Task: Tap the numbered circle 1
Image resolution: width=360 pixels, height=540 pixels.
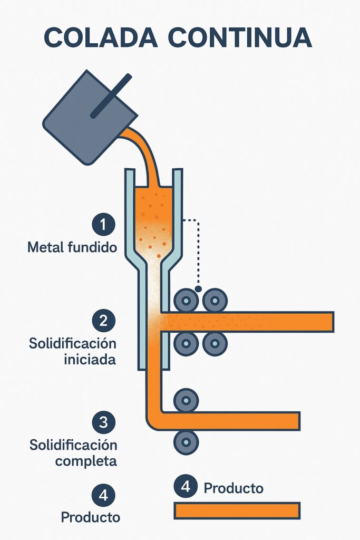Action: coord(103,225)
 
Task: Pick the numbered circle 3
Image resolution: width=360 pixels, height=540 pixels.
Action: coord(103,421)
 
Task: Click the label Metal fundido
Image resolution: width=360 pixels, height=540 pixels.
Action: coord(72,247)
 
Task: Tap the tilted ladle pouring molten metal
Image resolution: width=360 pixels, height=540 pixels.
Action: coord(84,116)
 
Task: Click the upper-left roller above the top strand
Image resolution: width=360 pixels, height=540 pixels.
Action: coord(186,301)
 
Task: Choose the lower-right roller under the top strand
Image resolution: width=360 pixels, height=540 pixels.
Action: coord(215,344)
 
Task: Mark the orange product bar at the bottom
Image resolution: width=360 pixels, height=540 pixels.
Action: coord(237,510)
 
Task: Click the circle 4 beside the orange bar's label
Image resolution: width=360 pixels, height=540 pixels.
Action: coord(185,486)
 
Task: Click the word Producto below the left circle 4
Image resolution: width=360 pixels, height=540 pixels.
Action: coord(91,517)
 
